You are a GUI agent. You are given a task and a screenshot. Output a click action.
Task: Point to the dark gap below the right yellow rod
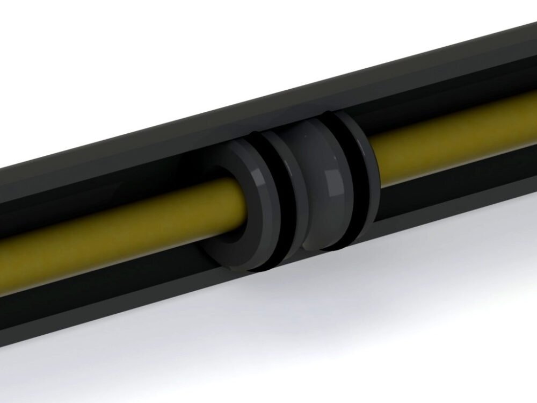456,172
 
